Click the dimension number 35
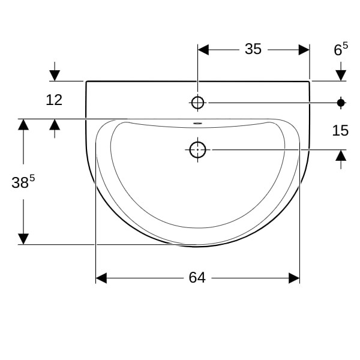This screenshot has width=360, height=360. click(x=253, y=49)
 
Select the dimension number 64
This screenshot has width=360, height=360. click(x=197, y=278)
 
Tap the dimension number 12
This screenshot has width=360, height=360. click(x=54, y=100)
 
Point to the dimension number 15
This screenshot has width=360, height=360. click(x=340, y=130)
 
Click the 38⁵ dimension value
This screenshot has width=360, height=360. click(x=23, y=181)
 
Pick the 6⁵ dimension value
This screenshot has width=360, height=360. click(x=341, y=49)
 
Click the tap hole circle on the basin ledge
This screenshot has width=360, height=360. click(x=197, y=103)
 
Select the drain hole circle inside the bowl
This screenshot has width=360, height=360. click(x=197, y=149)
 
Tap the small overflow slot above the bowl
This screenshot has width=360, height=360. click(x=197, y=123)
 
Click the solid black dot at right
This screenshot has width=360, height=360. click(x=341, y=103)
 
